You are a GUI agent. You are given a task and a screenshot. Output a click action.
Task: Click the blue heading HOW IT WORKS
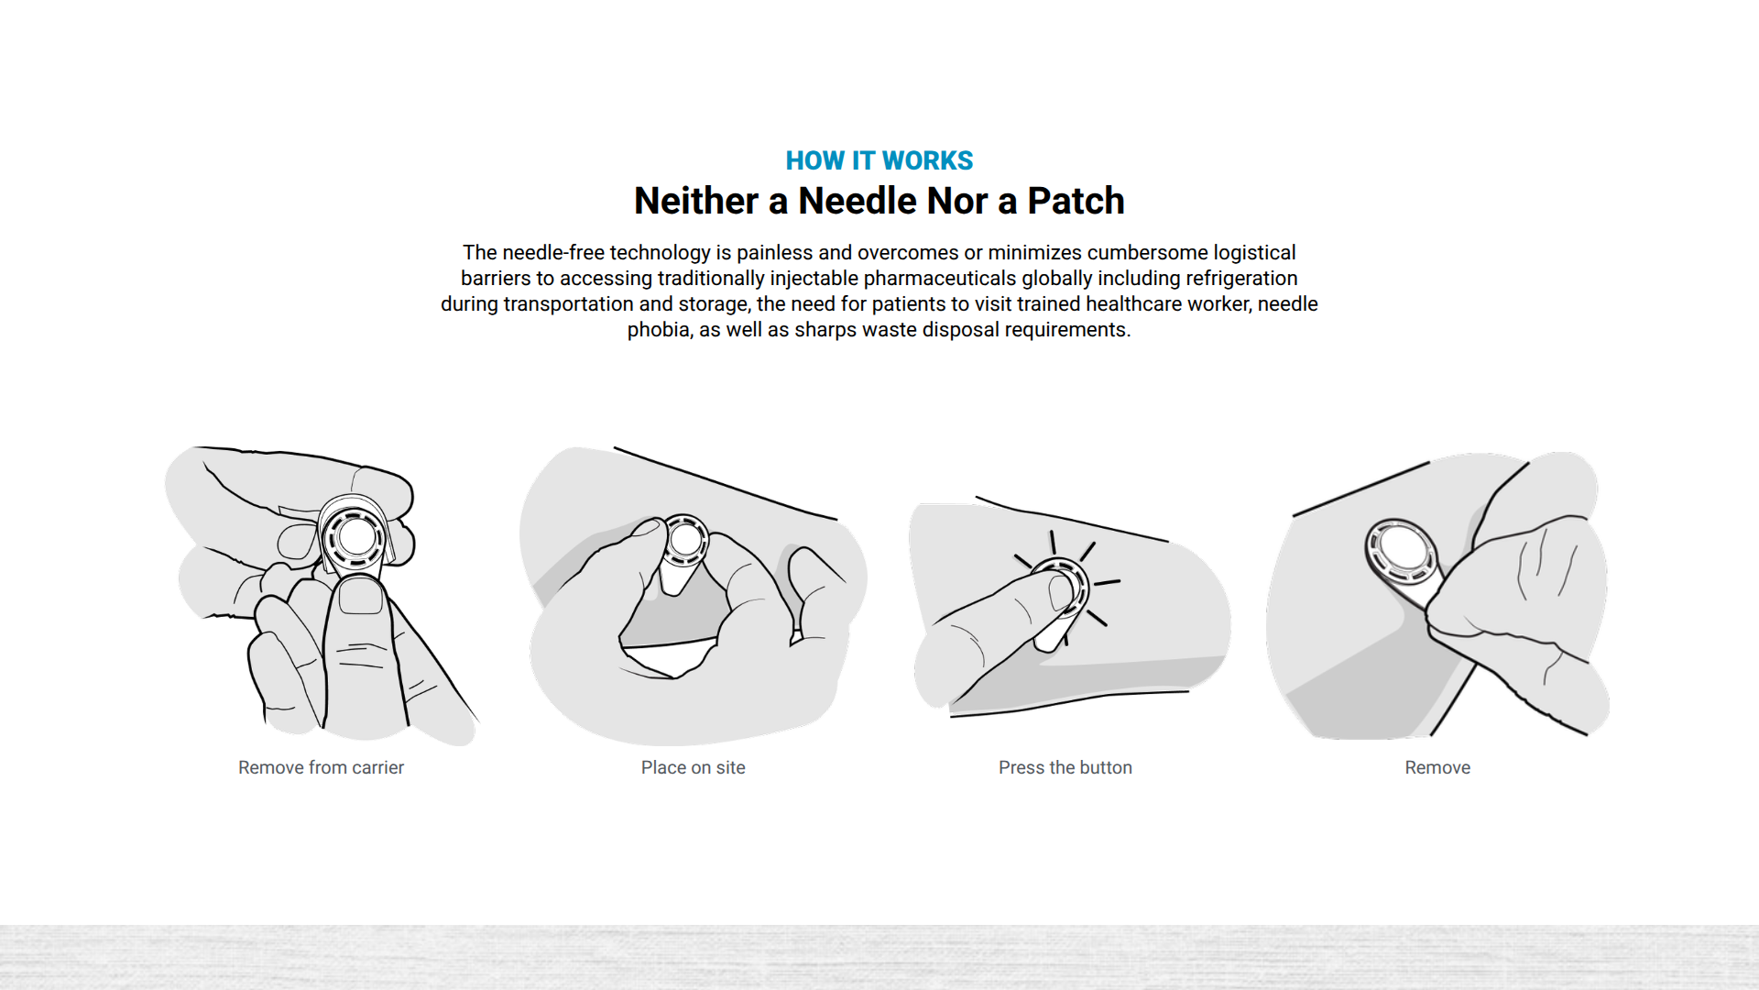pos(879,160)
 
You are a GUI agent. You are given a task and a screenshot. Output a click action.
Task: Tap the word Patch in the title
pos(1076,201)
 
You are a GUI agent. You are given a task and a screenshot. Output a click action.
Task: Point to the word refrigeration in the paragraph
pos(1241,279)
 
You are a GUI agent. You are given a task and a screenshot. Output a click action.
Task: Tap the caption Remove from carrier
pos(321,767)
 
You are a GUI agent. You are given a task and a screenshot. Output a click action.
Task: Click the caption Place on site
pos(694,767)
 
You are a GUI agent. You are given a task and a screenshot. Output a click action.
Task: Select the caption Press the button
pos(1065,767)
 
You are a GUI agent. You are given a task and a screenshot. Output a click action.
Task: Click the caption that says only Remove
pos(1437,767)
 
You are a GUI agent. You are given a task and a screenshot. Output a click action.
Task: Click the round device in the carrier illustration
pos(355,537)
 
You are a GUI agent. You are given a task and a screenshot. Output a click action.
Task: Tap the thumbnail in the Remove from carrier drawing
pos(360,598)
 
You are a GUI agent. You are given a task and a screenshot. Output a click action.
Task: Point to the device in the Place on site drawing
pos(684,541)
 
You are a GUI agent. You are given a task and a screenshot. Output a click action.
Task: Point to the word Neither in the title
pos(696,201)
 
